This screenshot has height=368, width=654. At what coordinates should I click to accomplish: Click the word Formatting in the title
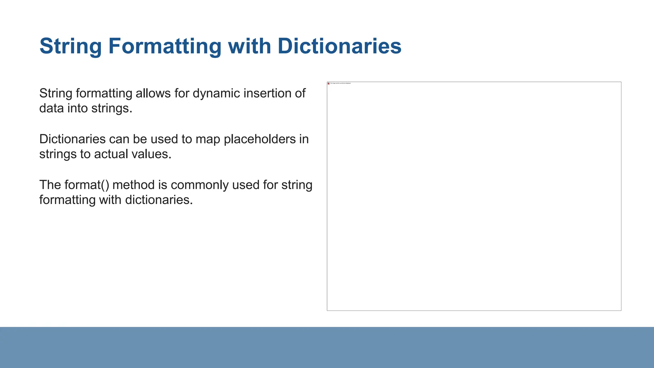(x=164, y=46)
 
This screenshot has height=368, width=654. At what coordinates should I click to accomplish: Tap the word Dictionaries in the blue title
(x=339, y=46)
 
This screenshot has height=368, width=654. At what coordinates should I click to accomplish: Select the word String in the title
(x=71, y=46)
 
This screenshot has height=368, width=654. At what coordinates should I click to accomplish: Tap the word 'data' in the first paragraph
(x=51, y=108)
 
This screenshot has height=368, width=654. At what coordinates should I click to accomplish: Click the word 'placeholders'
(x=260, y=139)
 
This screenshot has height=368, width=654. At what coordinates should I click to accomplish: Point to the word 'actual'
(x=111, y=154)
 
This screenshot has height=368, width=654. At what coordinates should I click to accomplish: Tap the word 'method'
(x=133, y=185)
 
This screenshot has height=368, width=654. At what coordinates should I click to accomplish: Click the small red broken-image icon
(x=329, y=83)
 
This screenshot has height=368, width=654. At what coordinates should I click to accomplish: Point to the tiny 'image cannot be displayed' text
(x=340, y=83)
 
